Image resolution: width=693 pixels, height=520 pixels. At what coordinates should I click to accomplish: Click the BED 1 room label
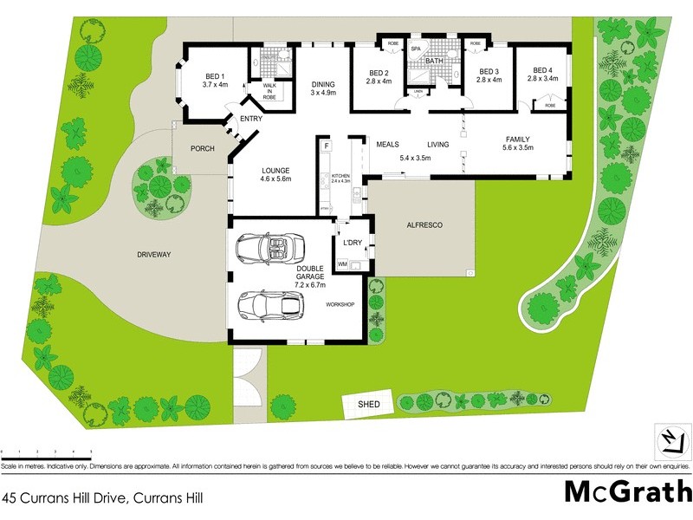pyautogui.click(x=214, y=80)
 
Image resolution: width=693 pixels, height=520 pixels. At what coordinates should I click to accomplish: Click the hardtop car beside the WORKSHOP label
pyautogui.click(x=271, y=304)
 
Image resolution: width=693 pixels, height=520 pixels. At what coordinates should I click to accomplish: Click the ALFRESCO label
pyautogui.click(x=424, y=225)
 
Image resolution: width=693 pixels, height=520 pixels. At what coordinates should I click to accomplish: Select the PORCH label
pyautogui.click(x=202, y=148)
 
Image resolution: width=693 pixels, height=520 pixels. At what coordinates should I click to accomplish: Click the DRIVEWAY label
pyautogui.click(x=154, y=255)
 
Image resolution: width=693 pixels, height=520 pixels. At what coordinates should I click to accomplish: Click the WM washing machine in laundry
pyautogui.click(x=342, y=263)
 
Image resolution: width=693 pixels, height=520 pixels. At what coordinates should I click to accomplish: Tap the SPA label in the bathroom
pyautogui.click(x=416, y=49)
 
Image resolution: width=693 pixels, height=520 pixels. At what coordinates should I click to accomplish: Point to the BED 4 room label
pyautogui.click(x=542, y=75)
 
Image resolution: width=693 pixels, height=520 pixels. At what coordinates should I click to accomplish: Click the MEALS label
pyautogui.click(x=387, y=145)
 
